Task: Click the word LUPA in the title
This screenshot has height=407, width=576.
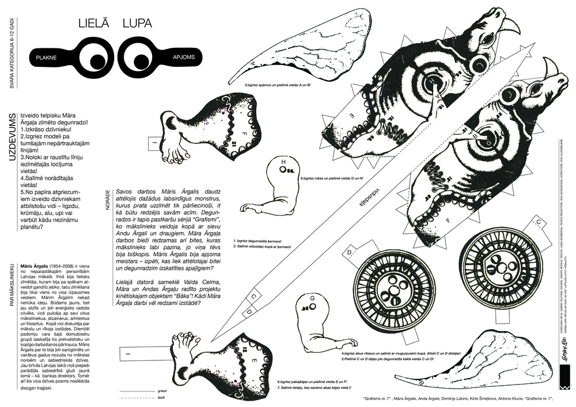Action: (x=137, y=24)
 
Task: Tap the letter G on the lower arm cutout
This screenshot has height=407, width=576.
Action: (x=312, y=298)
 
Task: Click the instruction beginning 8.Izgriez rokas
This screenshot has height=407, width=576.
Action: (x=334, y=179)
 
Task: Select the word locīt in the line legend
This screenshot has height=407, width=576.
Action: (x=161, y=397)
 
